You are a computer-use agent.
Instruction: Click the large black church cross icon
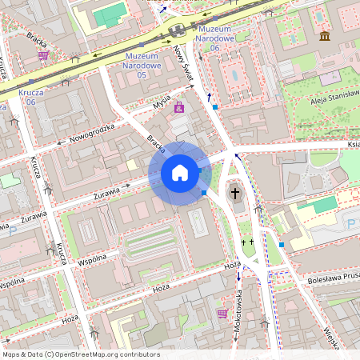(x=235, y=193)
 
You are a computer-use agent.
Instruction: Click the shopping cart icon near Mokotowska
(x=222, y=313)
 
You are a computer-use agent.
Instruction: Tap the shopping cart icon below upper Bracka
(x=42, y=56)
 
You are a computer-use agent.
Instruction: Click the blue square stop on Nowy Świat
(x=215, y=106)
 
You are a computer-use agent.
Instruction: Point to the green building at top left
(x=110, y=14)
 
